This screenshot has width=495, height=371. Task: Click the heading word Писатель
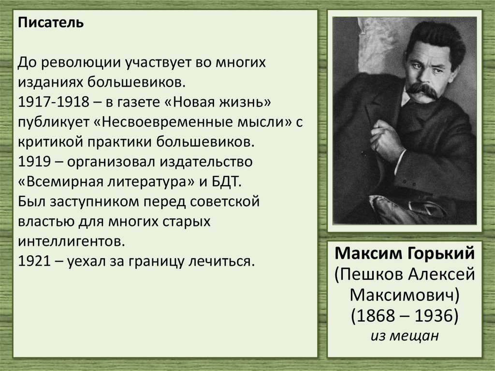point(51,23)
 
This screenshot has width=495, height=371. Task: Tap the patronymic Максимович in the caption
point(404,295)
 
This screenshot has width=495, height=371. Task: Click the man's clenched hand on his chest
point(384,138)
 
